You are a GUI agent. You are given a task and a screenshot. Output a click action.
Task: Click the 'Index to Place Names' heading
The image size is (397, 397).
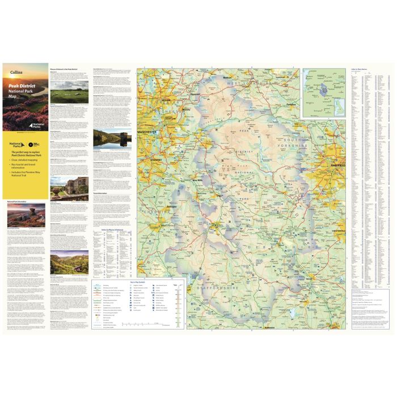coord(363,69)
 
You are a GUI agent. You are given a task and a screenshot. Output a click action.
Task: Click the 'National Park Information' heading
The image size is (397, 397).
coord(18,201)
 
